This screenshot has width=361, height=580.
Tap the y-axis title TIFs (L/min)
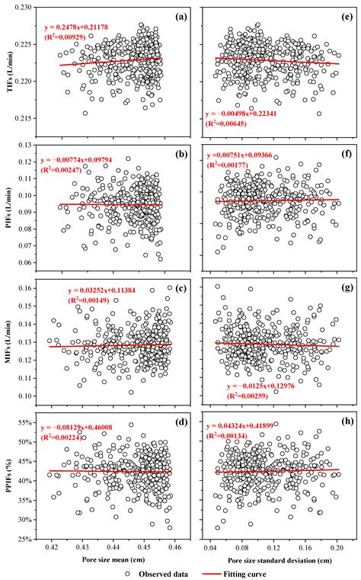(x=9, y=70)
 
